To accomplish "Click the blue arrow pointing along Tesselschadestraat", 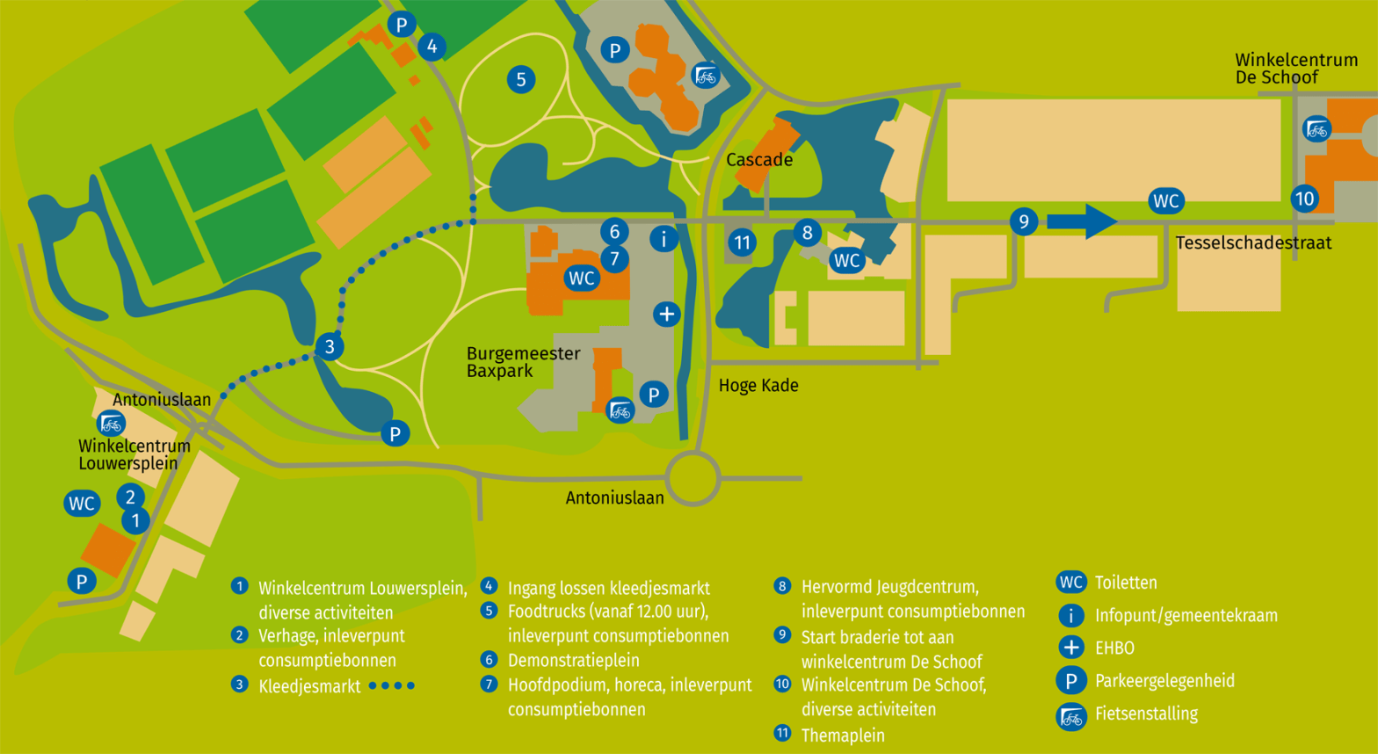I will click(x=1082, y=221).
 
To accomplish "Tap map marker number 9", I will click(x=1023, y=221).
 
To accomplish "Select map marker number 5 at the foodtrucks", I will click(x=520, y=80).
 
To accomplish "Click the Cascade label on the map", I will click(x=759, y=160).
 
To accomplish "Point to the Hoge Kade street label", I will click(x=758, y=386).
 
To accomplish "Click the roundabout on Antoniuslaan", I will click(x=693, y=478).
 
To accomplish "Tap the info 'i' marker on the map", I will click(x=664, y=238).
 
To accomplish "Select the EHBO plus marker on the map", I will click(x=666, y=314).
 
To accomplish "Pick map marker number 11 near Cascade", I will click(x=743, y=243).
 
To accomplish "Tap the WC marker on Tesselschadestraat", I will click(x=1165, y=201).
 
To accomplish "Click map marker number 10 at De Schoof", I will click(x=1304, y=199).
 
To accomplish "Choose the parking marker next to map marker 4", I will click(x=402, y=25).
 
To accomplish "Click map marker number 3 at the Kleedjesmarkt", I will click(x=330, y=346).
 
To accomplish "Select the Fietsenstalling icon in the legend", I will click(x=1070, y=716).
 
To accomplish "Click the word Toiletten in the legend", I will click(x=1126, y=583).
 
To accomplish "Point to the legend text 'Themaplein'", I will click(x=842, y=735).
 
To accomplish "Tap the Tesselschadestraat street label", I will click(x=1253, y=243).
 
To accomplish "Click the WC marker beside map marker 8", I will click(x=846, y=260).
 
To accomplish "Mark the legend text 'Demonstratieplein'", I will click(x=573, y=660).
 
